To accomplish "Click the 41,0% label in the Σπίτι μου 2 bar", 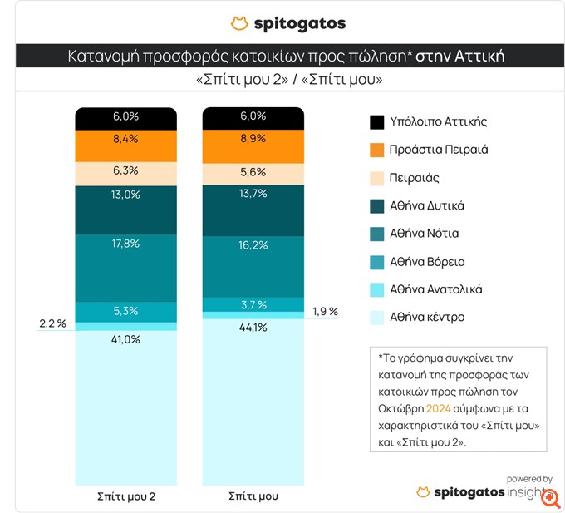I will [126, 339].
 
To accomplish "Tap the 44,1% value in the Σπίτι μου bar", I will [253, 328].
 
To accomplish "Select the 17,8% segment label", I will [126, 243].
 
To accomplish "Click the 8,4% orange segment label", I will [126, 139].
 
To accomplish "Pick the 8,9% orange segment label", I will [253, 139].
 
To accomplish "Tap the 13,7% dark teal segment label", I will [253, 193].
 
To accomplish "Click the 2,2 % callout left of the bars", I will [52, 323].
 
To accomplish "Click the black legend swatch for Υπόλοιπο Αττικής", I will [377, 122].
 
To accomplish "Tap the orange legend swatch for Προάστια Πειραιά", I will [377, 150].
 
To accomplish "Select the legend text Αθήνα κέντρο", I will [427, 317].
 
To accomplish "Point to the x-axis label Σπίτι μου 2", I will [126, 496].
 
